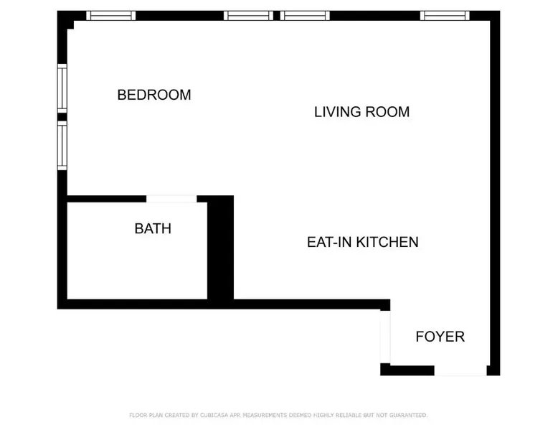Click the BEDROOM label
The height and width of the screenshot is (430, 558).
pos(154,95)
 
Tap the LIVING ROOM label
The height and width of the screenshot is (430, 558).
pos(362,112)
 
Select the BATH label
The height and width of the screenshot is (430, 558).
pos(153,228)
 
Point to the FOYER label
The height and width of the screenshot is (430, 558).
pos(440,337)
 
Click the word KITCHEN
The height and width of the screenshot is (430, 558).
pos(387,242)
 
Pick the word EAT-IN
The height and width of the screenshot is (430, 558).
pos(330,242)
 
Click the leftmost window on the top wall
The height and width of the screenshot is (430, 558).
pos(110,16)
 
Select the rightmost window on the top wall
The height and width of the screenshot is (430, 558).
pos(445,16)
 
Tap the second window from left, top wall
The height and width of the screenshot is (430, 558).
pos(248,16)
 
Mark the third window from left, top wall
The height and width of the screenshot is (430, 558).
pos(305,16)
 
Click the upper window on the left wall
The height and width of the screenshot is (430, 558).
pos(62,88)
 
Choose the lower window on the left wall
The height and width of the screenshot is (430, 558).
pos(62,145)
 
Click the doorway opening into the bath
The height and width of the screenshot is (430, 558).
pos(171,199)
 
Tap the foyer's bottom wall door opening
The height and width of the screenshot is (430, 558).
pos(460,370)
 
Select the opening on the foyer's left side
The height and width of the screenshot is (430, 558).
pos(385,337)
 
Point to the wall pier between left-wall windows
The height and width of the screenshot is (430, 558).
pos(62,117)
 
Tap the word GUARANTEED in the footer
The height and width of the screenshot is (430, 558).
pos(408,415)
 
